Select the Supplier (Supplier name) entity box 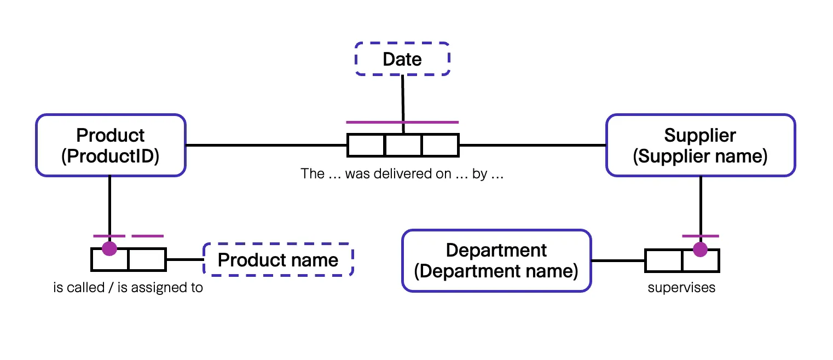point(700,145)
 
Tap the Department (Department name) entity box point(496,260)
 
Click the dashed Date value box point(402,59)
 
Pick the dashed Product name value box point(278,260)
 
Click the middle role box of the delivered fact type point(403,145)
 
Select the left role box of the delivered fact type point(366,145)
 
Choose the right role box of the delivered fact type point(440,145)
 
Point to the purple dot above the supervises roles point(700,250)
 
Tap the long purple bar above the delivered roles point(402,122)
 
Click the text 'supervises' point(681,288)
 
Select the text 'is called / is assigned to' point(128,288)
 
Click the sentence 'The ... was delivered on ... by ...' point(402,174)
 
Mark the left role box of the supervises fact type point(663,261)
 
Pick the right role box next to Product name point(147,260)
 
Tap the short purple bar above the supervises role point(700,236)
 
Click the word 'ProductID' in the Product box point(111,156)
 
